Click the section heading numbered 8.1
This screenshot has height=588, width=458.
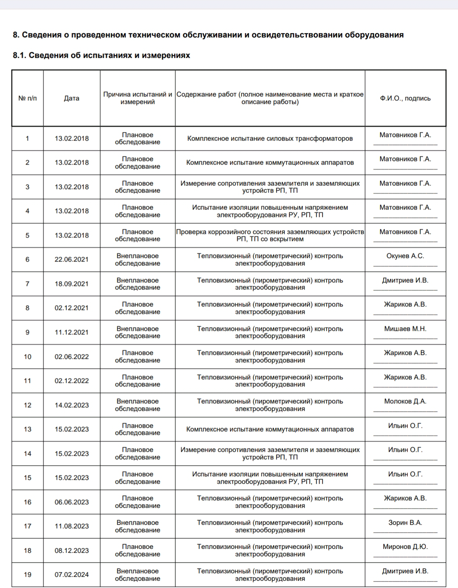pyautogui.click(x=102, y=56)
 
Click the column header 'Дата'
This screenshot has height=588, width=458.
pyautogui.click(x=72, y=98)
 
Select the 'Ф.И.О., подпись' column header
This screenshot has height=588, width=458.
pyautogui.click(x=405, y=98)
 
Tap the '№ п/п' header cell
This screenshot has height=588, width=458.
pyautogui.click(x=28, y=98)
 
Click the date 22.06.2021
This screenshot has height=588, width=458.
pyautogui.click(x=72, y=260)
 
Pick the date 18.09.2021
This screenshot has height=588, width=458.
pyautogui.click(x=72, y=284)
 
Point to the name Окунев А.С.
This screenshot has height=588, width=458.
pyautogui.click(x=405, y=256)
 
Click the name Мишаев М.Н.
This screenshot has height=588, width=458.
pyautogui.click(x=405, y=329)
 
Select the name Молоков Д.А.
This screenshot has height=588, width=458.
pyautogui.click(x=405, y=401)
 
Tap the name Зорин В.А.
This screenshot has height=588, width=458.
pyautogui.click(x=405, y=523)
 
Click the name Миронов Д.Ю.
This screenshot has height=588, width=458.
pyautogui.click(x=405, y=547)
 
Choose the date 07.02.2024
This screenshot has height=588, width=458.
pyautogui.click(x=72, y=575)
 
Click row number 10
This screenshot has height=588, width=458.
pyautogui.click(x=28, y=357)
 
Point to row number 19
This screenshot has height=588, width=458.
pyautogui.click(x=28, y=575)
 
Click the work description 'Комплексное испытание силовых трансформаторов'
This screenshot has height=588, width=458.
pyautogui.click(x=270, y=139)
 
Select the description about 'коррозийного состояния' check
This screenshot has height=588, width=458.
pyautogui.click(x=270, y=236)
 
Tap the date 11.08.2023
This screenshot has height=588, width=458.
pyautogui.click(x=72, y=526)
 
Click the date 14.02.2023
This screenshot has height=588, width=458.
pyautogui.click(x=72, y=405)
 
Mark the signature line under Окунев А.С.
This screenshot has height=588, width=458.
pyautogui.click(x=405, y=266)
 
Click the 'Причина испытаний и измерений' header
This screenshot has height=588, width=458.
pyautogui.click(x=137, y=98)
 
